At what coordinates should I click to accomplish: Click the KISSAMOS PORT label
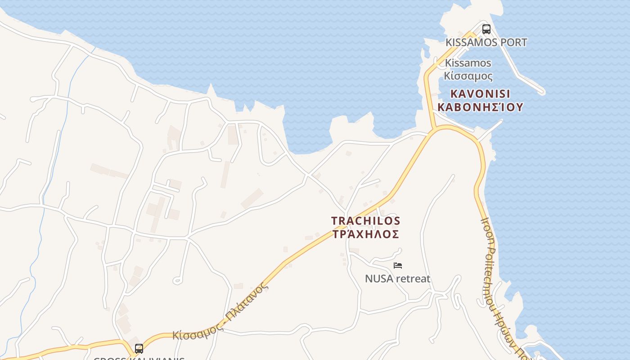point(486,42)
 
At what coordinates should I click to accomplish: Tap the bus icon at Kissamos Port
point(486,29)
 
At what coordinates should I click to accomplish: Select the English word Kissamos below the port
point(468,63)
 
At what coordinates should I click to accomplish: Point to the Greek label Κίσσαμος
point(468,76)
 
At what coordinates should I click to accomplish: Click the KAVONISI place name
point(480,94)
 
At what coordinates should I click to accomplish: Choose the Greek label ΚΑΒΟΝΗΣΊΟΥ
point(480,107)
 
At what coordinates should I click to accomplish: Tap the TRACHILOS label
point(365,221)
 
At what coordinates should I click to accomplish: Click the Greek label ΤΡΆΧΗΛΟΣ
point(365,234)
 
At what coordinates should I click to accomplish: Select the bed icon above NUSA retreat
point(397,265)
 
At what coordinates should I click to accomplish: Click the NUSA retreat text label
point(397,279)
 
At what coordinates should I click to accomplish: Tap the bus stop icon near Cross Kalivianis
point(139,348)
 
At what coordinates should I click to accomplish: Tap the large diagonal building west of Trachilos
point(252,198)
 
